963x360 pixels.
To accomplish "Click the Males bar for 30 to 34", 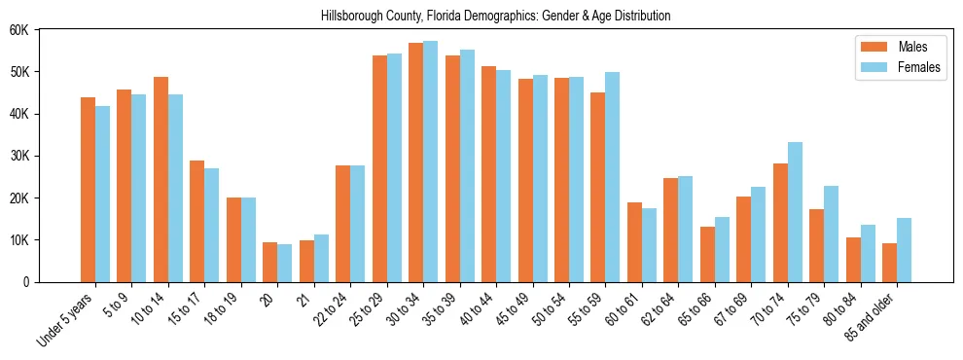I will [x=415, y=162].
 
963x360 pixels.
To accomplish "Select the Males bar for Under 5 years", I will [x=88, y=190].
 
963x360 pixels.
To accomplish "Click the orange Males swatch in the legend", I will [x=868, y=47].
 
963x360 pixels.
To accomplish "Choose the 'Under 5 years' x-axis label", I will [x=66, y=319].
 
